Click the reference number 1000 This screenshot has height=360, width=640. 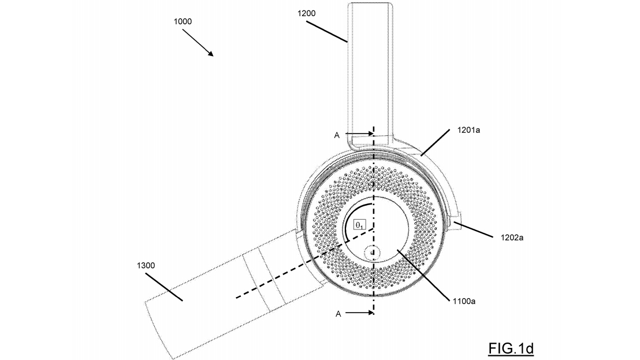click(183, 21)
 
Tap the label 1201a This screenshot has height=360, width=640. click(469, 131)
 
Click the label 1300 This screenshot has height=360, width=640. click(146, 265)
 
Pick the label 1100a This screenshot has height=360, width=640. click(463, 301)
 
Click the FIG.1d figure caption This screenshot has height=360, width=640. click(511, 348)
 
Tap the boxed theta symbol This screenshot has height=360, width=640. click(359, 224)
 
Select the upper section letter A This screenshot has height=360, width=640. click(337, 135)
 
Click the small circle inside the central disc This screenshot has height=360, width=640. click(373, 252)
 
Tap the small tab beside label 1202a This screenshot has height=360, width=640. click(456, 224)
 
